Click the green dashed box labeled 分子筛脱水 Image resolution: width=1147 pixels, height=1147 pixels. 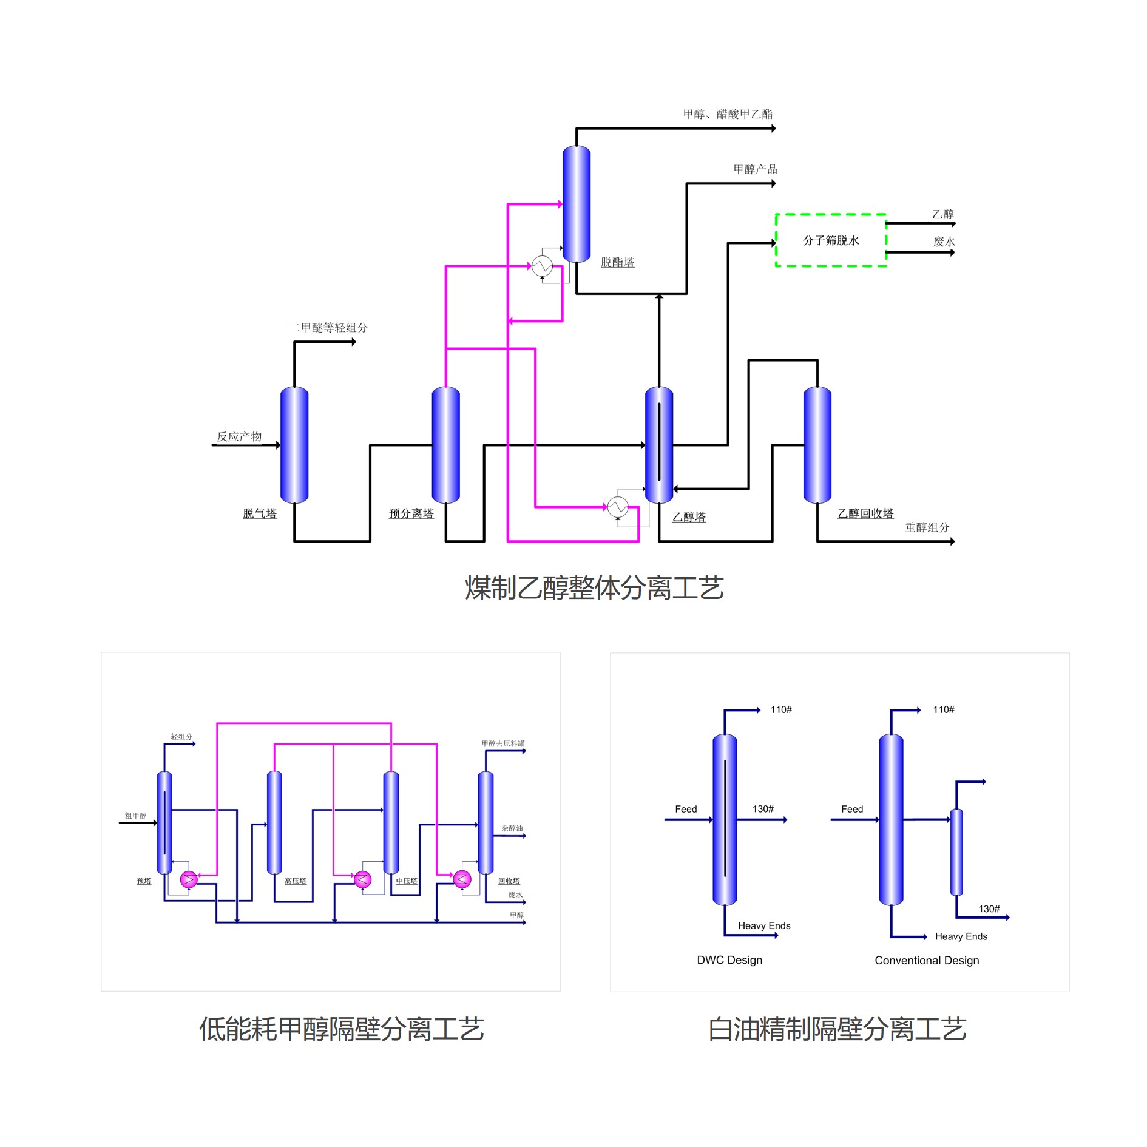830,240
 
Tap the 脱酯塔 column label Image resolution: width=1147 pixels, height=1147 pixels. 617,262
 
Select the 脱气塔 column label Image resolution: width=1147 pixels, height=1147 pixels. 260,513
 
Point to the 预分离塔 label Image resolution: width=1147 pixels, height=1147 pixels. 411,513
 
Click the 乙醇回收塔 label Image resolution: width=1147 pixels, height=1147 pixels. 865,513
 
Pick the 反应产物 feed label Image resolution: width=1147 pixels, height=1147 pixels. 239,436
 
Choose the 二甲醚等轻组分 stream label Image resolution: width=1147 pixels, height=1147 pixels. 328,328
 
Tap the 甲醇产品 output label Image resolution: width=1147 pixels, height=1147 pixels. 755,169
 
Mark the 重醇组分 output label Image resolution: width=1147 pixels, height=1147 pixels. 927,527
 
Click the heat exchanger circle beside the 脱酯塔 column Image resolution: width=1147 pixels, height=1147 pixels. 542,266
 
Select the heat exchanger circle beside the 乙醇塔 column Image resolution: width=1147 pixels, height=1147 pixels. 618,507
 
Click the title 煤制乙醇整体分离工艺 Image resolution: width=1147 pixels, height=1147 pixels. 594,588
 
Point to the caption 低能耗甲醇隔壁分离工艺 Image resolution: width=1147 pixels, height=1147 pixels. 342,1029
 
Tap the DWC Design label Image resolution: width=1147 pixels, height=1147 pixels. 729,960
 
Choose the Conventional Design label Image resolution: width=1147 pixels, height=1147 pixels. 927,960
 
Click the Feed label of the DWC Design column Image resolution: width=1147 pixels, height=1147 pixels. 686,809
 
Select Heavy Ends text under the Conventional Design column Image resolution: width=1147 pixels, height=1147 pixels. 961,936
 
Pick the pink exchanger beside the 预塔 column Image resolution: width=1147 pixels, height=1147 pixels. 189,879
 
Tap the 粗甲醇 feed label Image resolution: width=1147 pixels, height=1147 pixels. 135,816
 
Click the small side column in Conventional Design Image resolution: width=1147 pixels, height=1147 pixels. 956,852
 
